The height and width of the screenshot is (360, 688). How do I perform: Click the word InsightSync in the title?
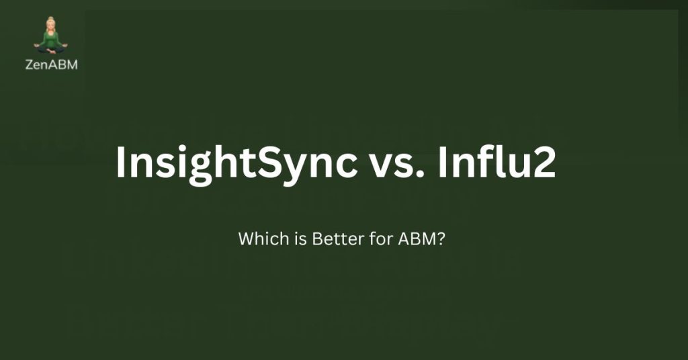236,163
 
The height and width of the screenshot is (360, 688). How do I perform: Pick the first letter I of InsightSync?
120,163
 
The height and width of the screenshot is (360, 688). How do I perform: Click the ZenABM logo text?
51,65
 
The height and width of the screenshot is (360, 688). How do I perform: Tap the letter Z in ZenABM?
30,65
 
